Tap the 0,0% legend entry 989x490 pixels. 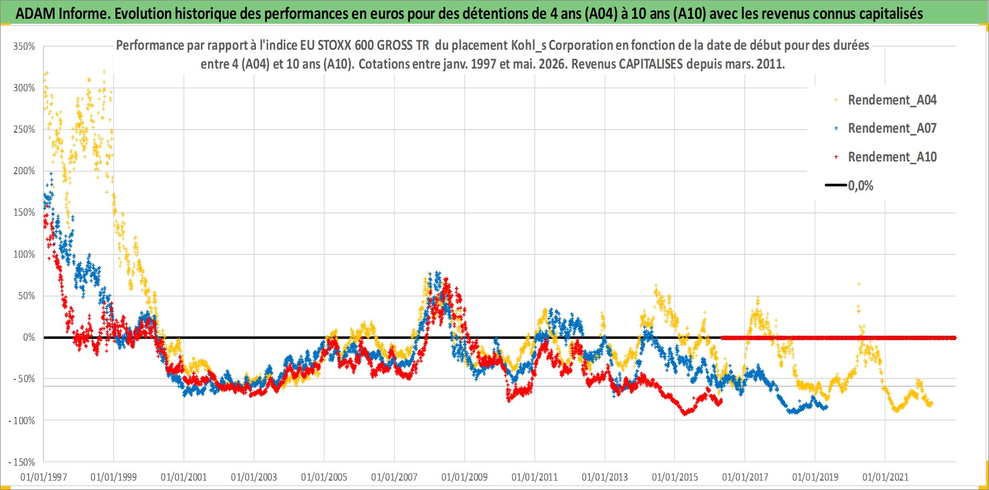[849, 186]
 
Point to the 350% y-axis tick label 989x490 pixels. [24, 46]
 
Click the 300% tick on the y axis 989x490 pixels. [24, 88]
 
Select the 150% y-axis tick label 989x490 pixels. [24, 212]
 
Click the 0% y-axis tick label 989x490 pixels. [29, 337]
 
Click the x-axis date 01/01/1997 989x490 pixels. [44, 477]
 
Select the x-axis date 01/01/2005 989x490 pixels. [324, 477]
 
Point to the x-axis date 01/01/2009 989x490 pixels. [465, 477]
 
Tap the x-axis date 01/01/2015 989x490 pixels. [675, 477]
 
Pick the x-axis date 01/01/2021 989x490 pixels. [886, 477]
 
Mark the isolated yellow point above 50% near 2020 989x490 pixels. [859, 284]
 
